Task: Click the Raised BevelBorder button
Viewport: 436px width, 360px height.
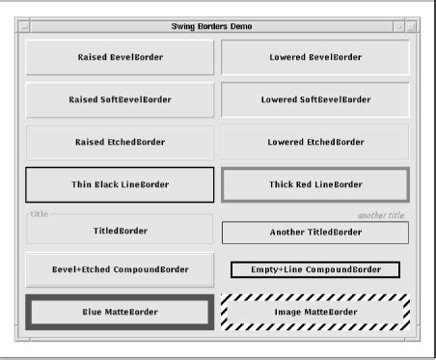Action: [x=120, y=57]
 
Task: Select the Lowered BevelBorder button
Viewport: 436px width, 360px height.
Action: [x=315, y=57]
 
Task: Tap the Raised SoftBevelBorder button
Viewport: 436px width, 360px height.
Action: [x=120, y=99]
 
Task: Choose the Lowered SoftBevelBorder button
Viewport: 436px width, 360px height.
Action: [x=315, y=99]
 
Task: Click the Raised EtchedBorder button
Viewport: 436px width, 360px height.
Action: [x=120, y=142]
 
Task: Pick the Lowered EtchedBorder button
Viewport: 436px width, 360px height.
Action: [x=315, y=142]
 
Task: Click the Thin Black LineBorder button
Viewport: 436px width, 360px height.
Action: [x=120, y=184]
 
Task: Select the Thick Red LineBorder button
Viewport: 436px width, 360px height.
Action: [x=315, y=184]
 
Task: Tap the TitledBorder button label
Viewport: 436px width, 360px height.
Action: [x=120, y=232]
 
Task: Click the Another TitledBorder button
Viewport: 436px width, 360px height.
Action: [x=315, y=233]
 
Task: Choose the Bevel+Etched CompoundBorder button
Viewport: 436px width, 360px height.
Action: [x=120, y=269]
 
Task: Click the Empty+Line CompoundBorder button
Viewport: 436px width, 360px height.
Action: [x=315, y=269]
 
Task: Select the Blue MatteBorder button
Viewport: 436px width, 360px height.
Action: [x=120, y=312]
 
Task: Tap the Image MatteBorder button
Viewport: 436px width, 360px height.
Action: [x=315, y=312]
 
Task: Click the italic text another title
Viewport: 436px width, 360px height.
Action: [x=380, y=215]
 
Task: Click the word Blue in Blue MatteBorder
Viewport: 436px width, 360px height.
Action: [x=94, y=312]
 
